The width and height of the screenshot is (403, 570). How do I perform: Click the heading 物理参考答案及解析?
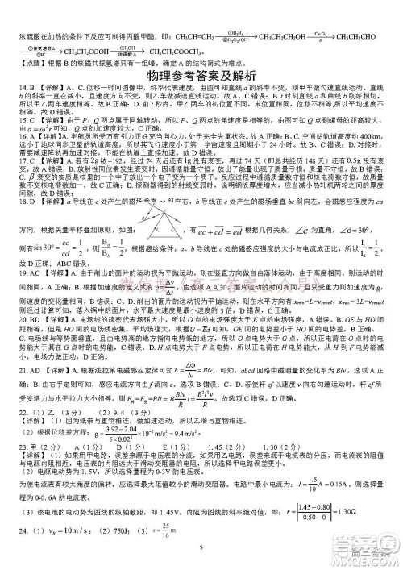201,77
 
